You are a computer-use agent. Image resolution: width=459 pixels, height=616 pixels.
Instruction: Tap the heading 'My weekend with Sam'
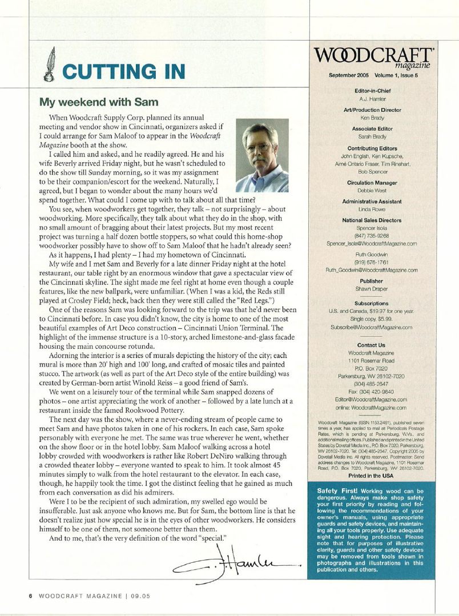coord(98,103)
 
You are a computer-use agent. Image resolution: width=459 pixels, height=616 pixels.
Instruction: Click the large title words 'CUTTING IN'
coord(124,71)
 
